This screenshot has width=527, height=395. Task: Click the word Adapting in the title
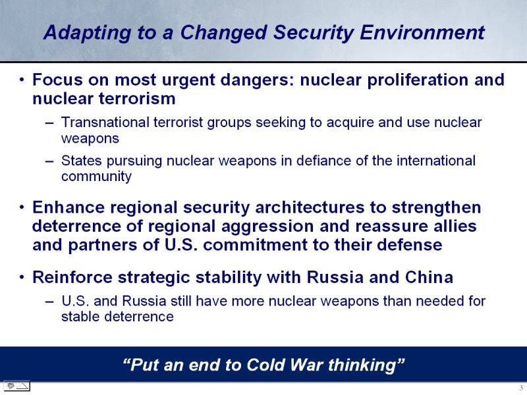click(x=87, y=34)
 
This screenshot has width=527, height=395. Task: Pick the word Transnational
click(x=105, y=122)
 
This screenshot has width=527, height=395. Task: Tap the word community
click(x=96, y=177)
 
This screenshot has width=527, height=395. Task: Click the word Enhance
click(x=69, y=207)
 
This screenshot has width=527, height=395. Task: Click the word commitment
click(x=255, y=245)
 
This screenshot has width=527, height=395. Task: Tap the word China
click(x=429, y=277)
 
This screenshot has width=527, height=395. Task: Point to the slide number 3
click(x=521, y=388)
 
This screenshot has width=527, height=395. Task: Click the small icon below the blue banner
click(x=17, y=386)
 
